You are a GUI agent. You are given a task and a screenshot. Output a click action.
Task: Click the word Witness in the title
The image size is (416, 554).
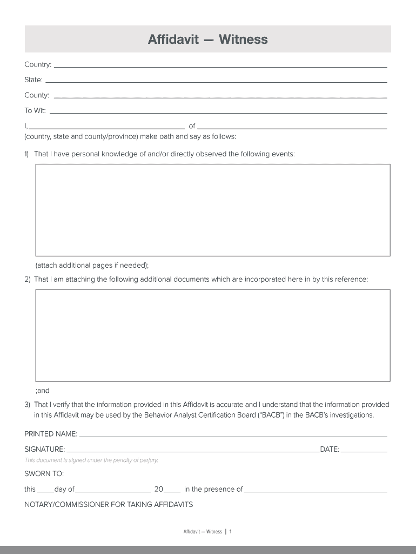[x=243, y=39]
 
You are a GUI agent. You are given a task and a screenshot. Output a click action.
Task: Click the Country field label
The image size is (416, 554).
[x=38, y=65]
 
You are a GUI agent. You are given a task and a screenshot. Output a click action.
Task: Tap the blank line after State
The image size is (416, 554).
[x=216, y=81]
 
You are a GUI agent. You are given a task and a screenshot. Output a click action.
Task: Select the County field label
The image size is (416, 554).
[x=37, y=95]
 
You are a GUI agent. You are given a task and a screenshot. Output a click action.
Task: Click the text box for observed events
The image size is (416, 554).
[x=213, y=210]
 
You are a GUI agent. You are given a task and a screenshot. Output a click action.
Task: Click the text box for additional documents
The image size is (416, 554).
[x=213, y=335]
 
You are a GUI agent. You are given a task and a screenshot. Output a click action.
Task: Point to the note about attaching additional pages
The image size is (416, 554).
[x=92, y=265]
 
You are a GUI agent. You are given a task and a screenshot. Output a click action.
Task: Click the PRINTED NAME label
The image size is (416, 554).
[x=51, y=434]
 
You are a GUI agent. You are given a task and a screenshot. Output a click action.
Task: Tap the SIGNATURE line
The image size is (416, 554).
[x=192, y=450]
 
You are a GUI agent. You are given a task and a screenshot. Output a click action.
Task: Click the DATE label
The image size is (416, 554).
[x=330, y=449]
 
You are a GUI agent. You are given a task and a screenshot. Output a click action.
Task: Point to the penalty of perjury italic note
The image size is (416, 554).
[x=91, y=460]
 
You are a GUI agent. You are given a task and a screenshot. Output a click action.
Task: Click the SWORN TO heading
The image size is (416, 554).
[x=44, y=474]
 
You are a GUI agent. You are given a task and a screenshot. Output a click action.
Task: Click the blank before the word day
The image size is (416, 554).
[x=45, y=491]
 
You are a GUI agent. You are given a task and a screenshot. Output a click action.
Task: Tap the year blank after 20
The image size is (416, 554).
[x=172, y=491]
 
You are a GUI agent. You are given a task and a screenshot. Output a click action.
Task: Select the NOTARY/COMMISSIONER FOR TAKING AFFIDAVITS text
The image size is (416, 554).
[x=109, y=505]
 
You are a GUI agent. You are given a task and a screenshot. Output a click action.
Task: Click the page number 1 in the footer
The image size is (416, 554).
[x=231, y=532]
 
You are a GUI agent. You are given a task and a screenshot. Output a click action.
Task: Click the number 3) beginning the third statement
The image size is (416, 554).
[x=27, y=405]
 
